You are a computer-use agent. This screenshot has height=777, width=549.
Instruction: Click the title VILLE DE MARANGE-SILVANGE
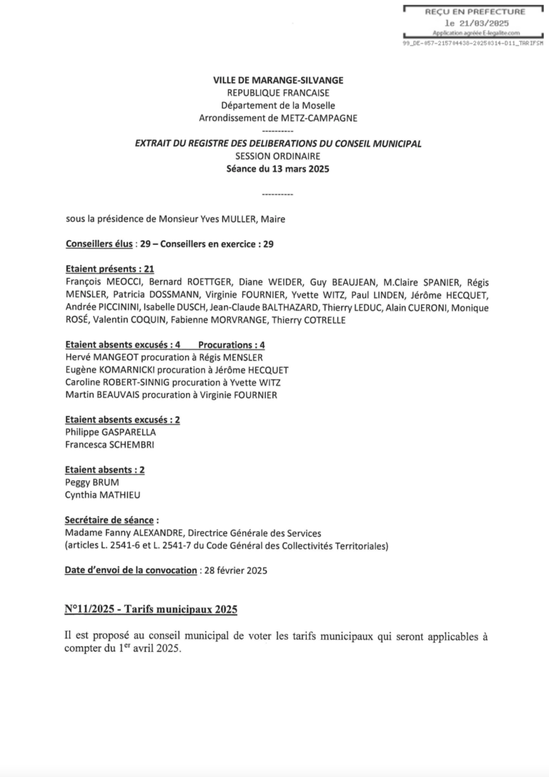click(278, 81)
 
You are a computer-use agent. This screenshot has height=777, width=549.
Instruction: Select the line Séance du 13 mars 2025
click(278, 169)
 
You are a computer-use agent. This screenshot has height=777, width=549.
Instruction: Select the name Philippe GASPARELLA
click(110, 432)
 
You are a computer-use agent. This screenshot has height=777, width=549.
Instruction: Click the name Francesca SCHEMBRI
click(109, 445)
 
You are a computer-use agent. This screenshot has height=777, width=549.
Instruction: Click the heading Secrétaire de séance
click(110, 520)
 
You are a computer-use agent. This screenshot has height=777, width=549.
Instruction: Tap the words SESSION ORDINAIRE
click(278, 156)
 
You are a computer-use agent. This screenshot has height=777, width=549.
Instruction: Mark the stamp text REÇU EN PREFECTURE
click(475, 11)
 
